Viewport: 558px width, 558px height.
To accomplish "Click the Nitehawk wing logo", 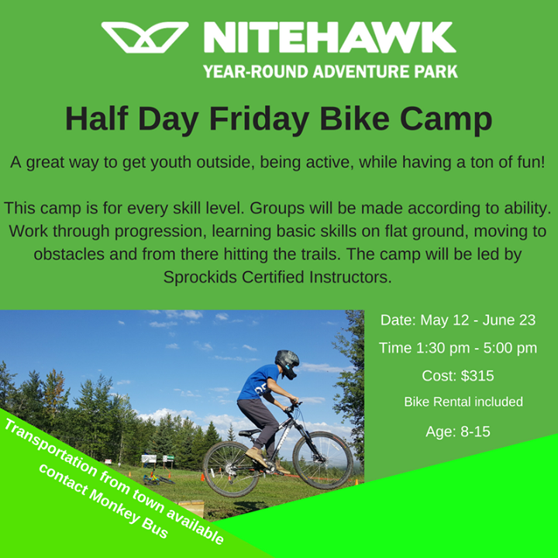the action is pos(145,37).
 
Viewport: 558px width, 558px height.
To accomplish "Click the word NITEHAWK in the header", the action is pos(330,37).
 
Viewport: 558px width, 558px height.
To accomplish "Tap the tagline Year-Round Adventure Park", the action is pos(330,71).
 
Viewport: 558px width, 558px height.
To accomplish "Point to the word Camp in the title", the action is pos(446,119).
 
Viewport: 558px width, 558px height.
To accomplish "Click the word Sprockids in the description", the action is pos(201,277).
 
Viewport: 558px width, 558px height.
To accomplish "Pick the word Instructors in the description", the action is pos(350,277).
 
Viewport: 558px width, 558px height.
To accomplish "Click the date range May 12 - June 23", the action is pos(478,320).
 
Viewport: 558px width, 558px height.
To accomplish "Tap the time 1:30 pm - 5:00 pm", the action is pos(477,348).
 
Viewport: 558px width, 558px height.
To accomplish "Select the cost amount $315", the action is pos(477,376).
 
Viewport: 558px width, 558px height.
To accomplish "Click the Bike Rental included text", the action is pos(463,401).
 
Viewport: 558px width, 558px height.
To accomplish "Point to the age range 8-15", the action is pos(475,432).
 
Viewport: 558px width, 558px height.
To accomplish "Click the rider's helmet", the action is pos(287,364).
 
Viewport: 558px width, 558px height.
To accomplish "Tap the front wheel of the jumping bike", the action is pos(322,460).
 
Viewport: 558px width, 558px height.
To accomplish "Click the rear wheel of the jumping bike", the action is pos(231,470).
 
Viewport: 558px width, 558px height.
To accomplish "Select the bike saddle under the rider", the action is pos(250,432).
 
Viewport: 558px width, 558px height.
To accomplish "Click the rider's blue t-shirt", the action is pos(259,382).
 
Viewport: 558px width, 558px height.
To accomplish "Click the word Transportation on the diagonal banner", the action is pos(50,447).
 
